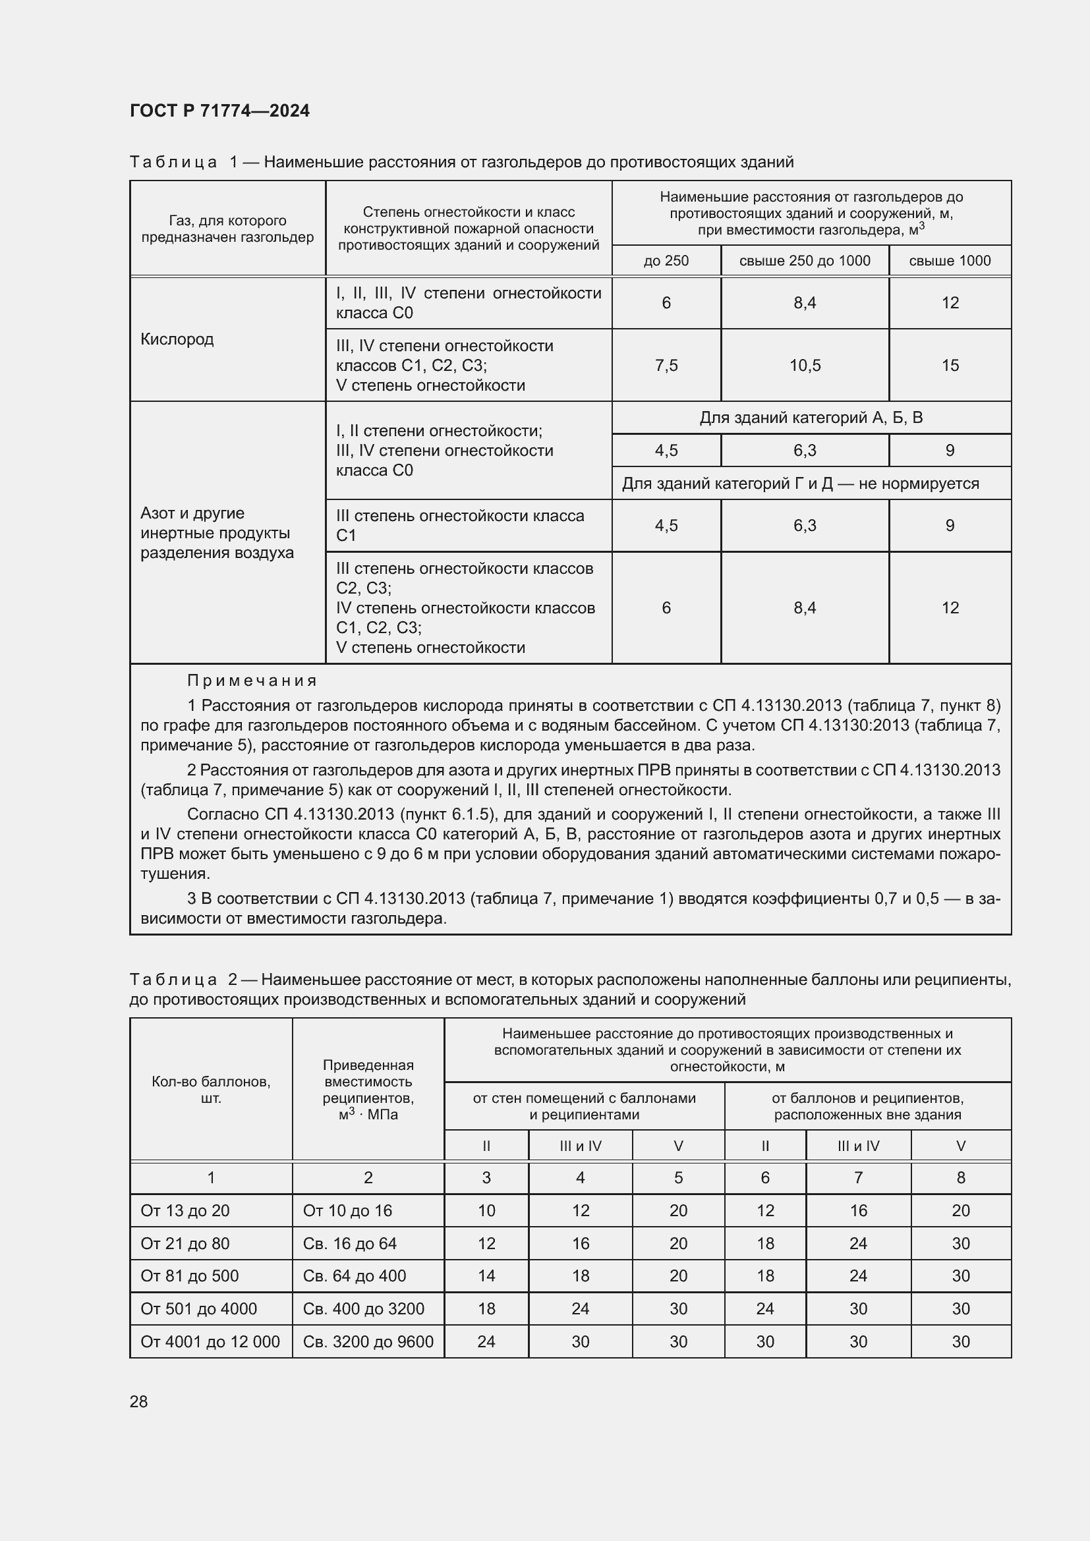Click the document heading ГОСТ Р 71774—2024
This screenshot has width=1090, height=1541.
coord(219,111)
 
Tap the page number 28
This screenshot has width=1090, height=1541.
coord(139,1401)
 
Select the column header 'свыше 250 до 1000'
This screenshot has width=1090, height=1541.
coord(804,260)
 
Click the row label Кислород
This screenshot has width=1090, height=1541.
coord(177,339)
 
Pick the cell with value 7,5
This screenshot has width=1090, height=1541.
coord(666,365)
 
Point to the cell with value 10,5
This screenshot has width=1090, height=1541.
coord(804,365)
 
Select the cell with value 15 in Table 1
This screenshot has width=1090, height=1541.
coord(950,365)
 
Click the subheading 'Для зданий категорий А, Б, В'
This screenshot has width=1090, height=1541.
coord(811,418)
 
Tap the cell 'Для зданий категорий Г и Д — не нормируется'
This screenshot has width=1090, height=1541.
coord(800,483)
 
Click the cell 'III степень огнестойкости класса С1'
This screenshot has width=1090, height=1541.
coord(460,526)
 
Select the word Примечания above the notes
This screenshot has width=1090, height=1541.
coord(252,681)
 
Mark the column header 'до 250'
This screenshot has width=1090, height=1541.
coord(666,260)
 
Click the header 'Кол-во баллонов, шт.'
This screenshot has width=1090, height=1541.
coord(211,1090)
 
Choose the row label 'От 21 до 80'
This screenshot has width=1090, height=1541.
coord(185,1244)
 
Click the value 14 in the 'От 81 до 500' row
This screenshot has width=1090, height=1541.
coord(486,1276)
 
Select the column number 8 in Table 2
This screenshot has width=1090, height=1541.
coord(960,1177)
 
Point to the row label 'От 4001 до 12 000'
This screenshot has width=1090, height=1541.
coord(210,1341)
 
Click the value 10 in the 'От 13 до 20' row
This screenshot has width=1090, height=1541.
coord(486,1211)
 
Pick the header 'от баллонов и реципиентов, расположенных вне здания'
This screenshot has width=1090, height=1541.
coord(867,1106)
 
